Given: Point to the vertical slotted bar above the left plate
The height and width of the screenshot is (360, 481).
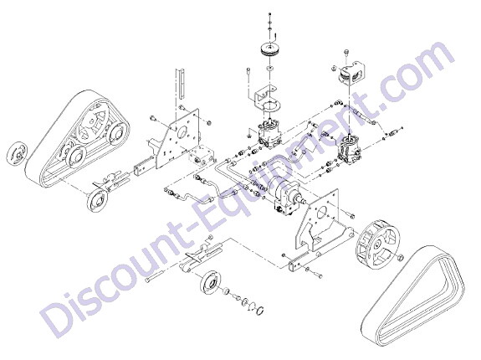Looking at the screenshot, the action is pos(181,84).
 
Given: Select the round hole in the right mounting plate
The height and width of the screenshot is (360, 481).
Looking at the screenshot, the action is pos(321,213).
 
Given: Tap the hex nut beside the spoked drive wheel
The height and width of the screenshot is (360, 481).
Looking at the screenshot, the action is pos(400,257).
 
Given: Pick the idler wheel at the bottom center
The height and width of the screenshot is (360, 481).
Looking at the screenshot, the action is pos(211,283).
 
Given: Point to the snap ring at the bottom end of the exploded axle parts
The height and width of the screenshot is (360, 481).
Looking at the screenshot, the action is pos(259,309).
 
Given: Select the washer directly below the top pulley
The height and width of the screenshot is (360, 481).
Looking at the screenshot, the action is pos(270,68).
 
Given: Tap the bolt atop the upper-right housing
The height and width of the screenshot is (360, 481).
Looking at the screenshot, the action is pos(346,52).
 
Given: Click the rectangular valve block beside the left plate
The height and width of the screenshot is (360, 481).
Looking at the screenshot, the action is pos(202,157).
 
